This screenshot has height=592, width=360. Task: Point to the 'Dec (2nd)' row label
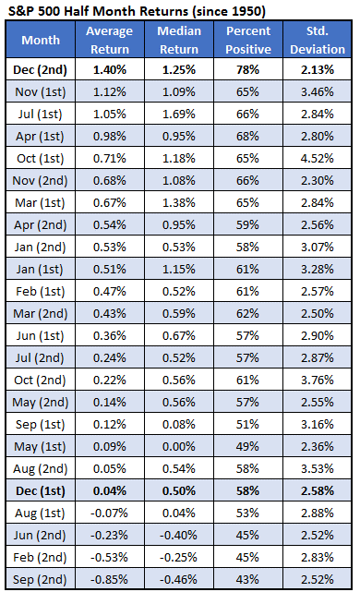pos(44,69)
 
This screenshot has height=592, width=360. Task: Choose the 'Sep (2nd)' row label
pos(44,579)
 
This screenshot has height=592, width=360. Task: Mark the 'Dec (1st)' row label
pos(44,490)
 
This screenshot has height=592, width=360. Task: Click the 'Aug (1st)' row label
pos(44,513)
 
